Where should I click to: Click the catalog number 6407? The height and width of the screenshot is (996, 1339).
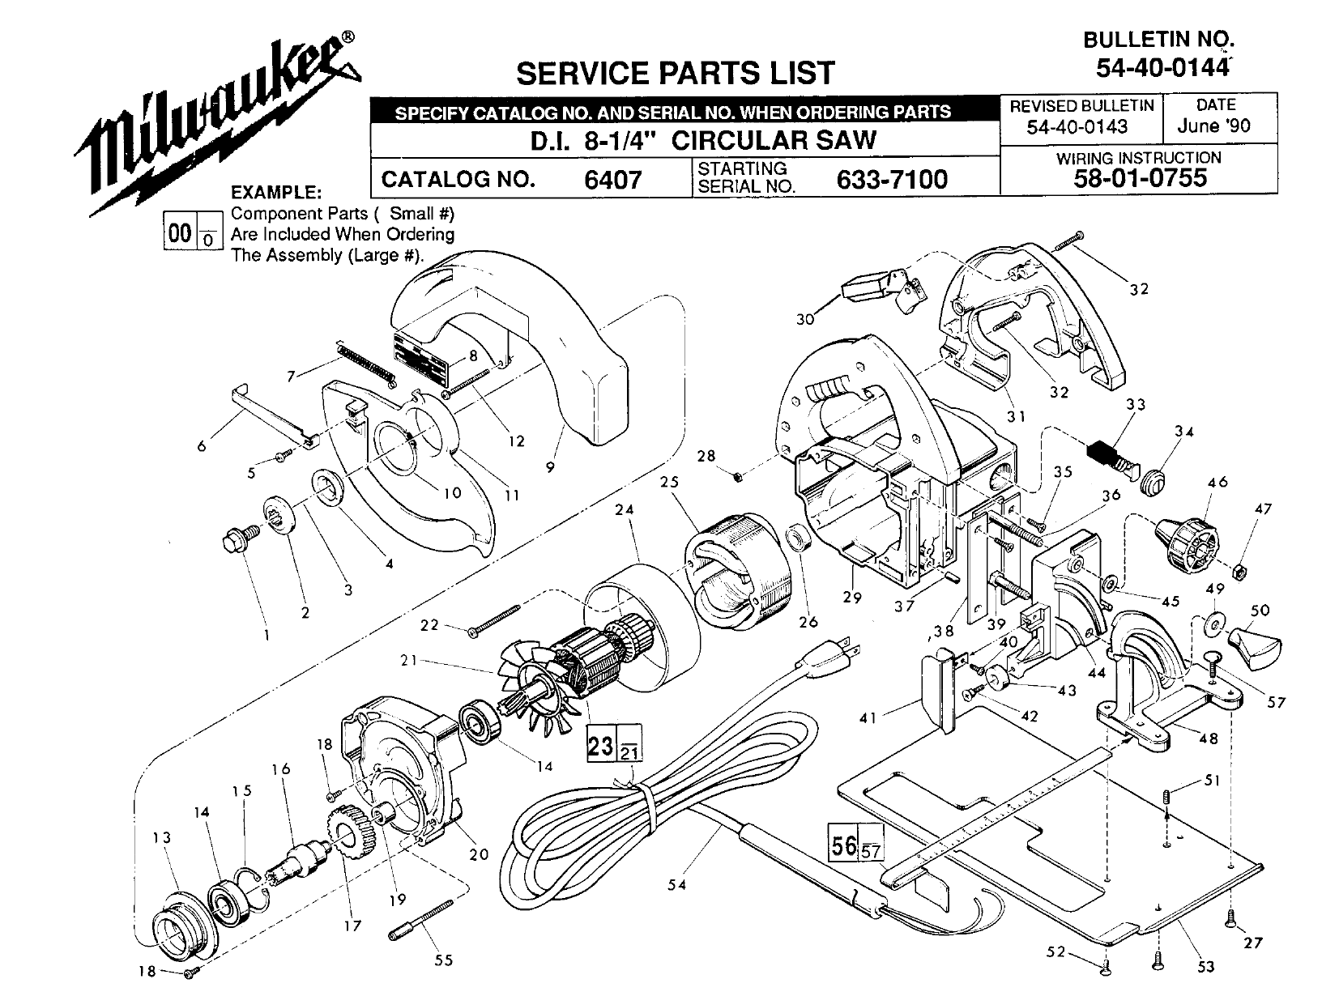click(x=612, y=178)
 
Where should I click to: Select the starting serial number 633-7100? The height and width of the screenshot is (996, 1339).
click(x=891, y=178)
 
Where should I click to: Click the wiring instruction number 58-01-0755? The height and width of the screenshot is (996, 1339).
click(x=1140, y=177)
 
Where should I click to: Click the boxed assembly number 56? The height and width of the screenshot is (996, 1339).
click(x=842, y=845)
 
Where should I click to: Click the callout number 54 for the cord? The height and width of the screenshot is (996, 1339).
click(x=677, y=885)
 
